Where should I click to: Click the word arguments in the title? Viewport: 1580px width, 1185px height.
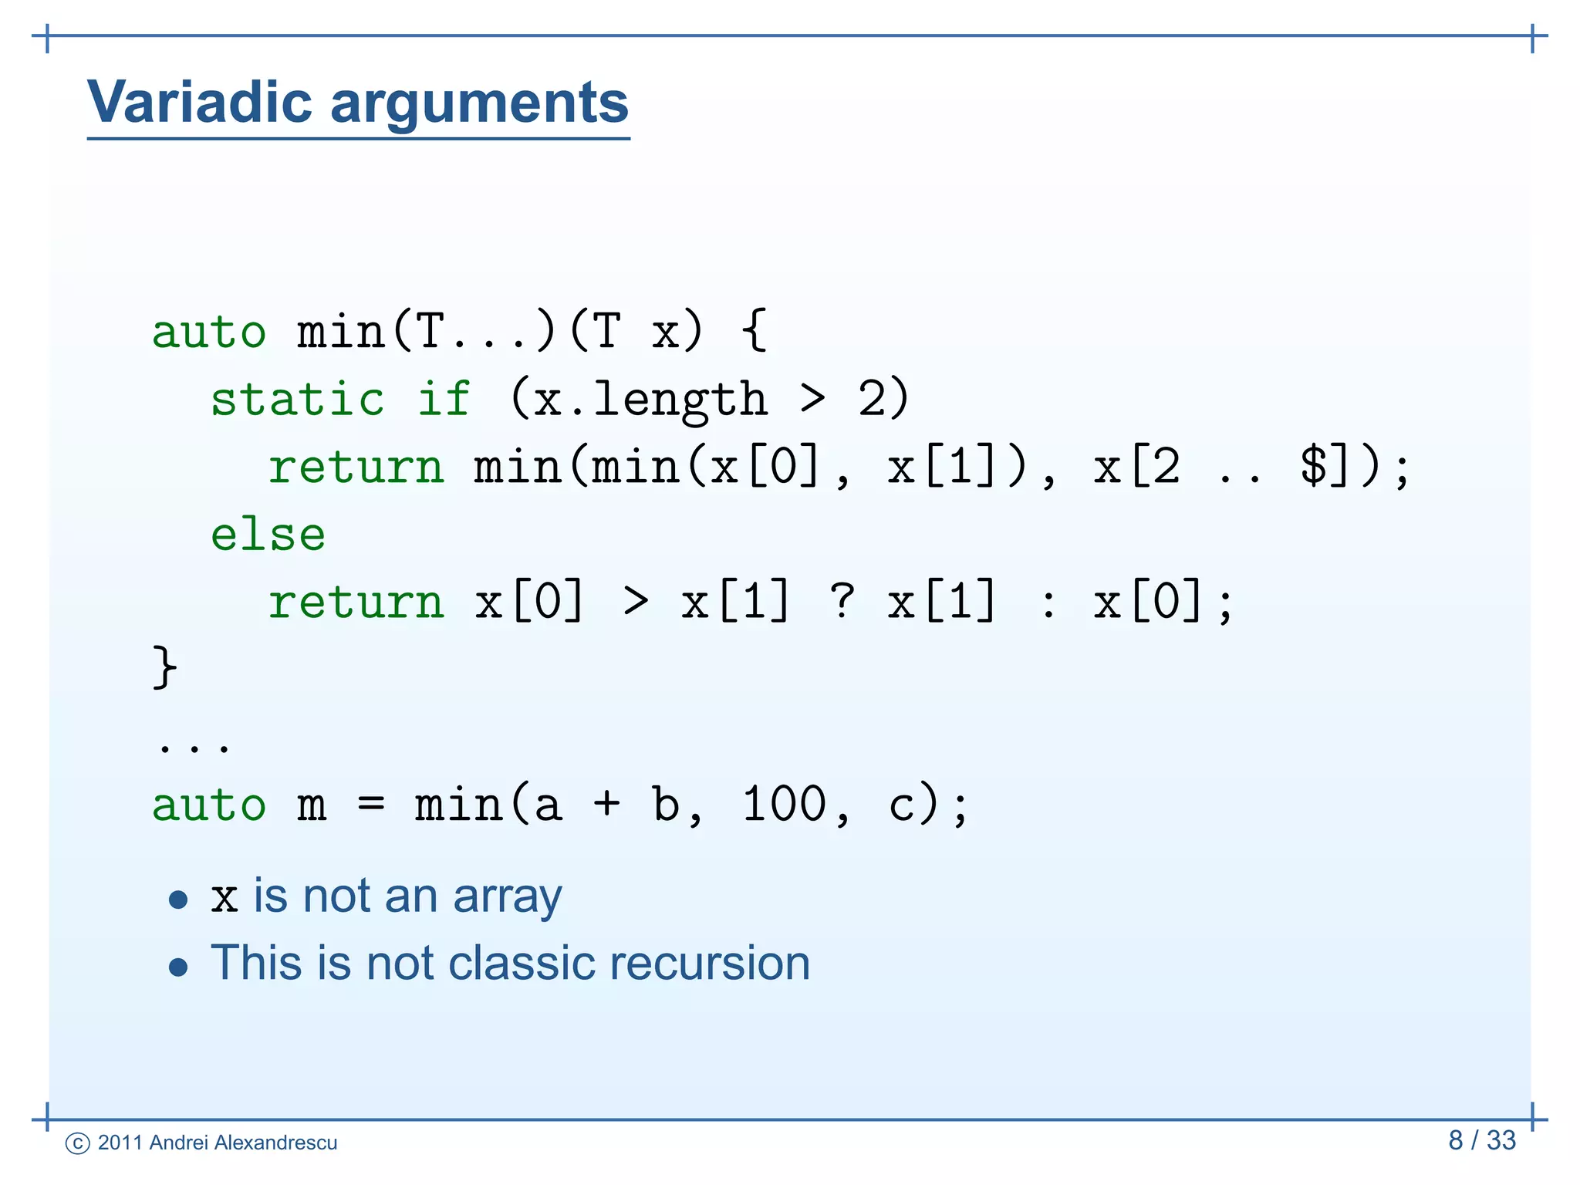[x=479, y=103]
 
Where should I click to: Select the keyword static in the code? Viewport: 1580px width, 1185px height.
[x=297, y=399]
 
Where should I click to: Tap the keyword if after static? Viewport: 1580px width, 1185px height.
[x=444, y=399]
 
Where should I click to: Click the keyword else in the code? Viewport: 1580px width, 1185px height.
[x=268, y=535]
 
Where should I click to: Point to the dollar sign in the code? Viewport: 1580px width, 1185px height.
[x=1313, y=466]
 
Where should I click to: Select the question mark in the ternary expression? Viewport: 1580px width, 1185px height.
[x=842, y=601]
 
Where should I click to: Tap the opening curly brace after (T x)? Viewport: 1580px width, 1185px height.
[x=755, y=331]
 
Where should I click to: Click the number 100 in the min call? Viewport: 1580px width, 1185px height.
[x=784, y=804]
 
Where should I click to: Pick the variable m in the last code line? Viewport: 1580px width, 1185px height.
[x=312, y=805]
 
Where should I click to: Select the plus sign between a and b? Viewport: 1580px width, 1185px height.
[x=606, y=804]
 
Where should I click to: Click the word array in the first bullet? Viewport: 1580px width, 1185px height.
[x=507, y=898]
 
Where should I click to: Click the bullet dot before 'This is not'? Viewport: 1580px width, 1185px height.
[x=178, y=967]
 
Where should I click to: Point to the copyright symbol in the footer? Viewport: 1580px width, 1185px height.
[x=78, y=1143]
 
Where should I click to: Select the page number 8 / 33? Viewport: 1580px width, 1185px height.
[x=1481, y=1140]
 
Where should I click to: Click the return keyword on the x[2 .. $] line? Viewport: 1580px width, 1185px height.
[x=356, y=468]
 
